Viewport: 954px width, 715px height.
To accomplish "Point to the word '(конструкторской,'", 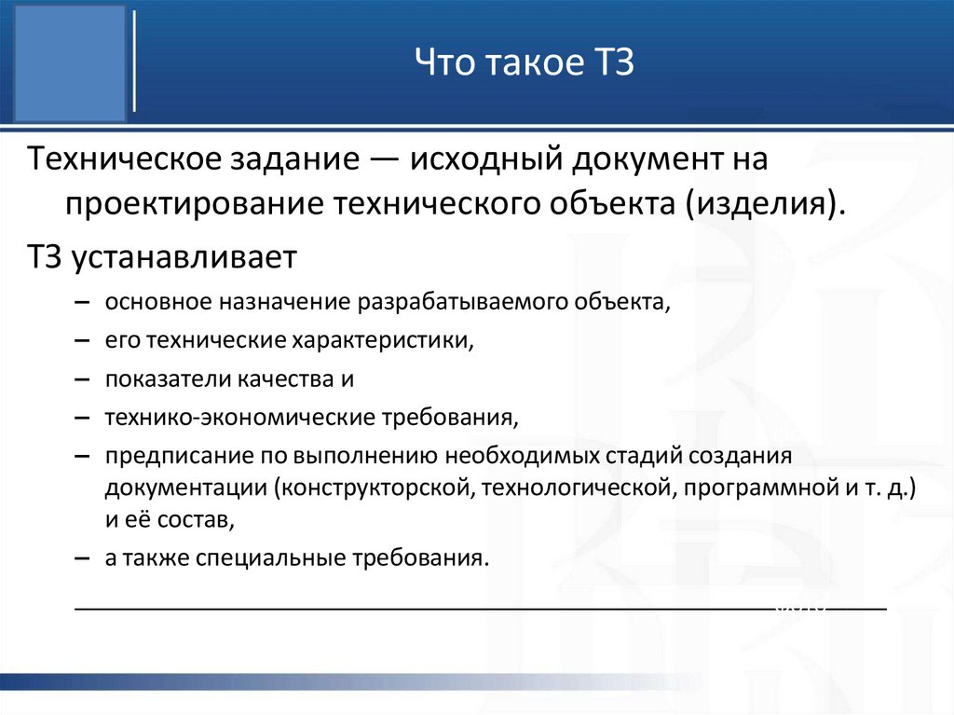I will tap(376, 487).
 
